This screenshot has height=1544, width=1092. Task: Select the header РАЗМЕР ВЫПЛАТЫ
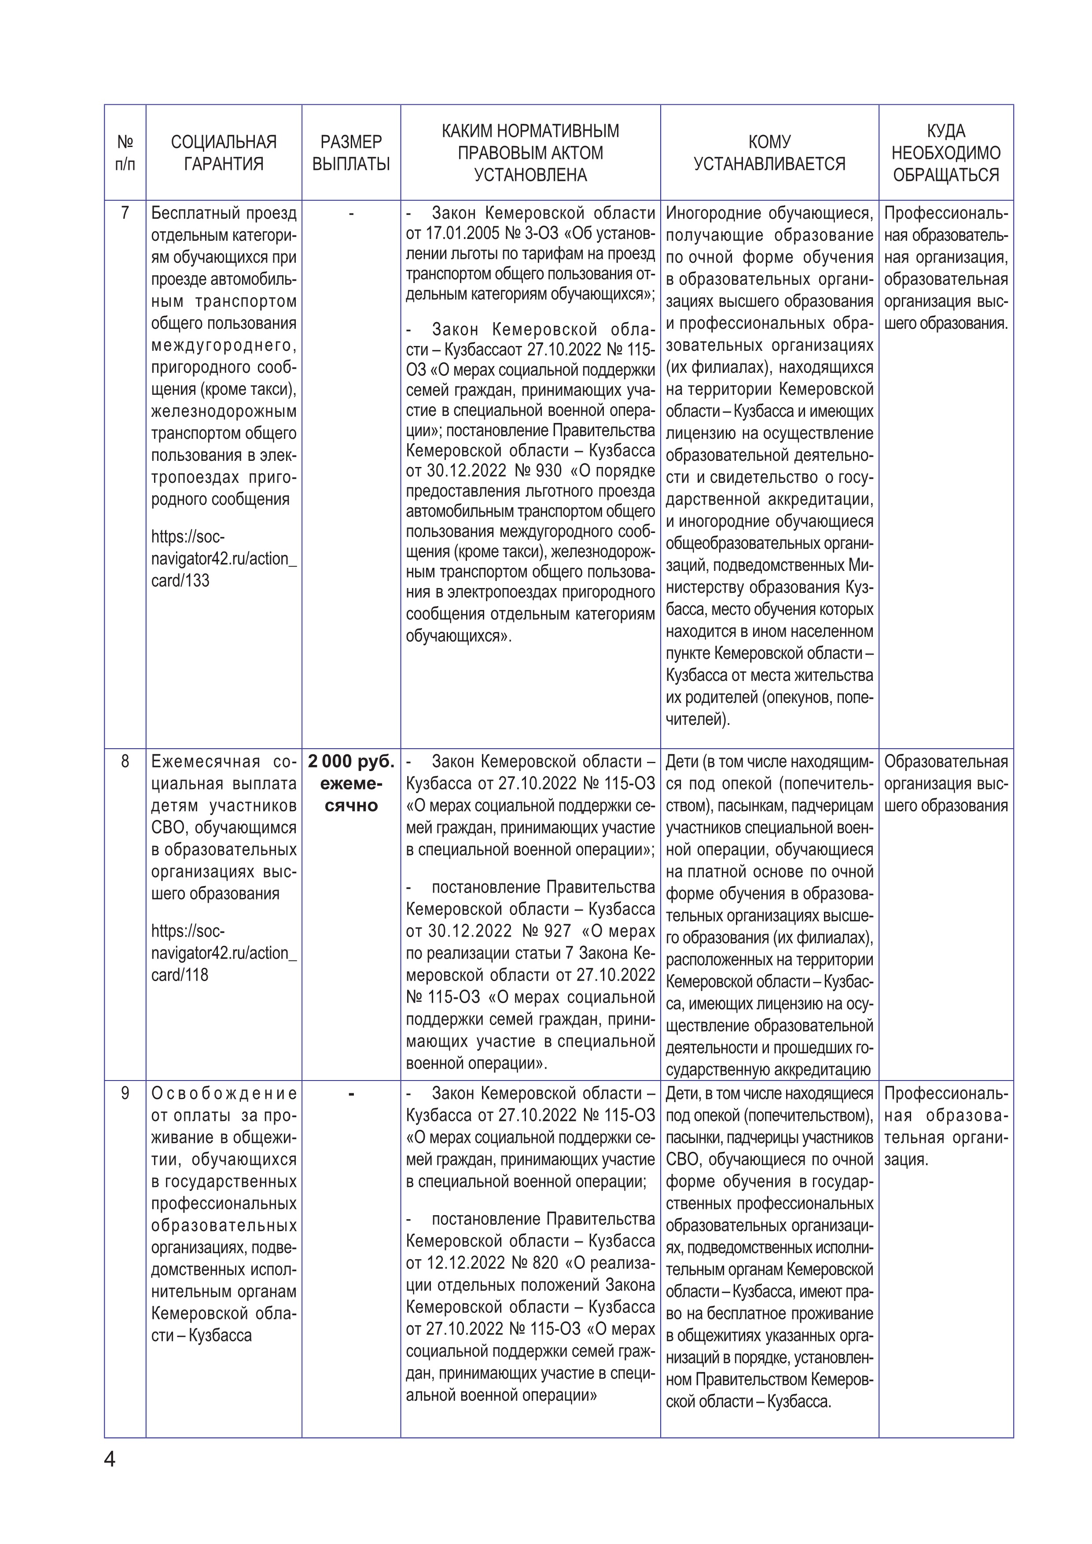tap(351, 153)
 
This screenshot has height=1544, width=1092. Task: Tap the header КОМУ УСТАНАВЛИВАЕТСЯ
tap(769, 153)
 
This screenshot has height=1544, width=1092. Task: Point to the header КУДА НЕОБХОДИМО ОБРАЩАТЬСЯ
tap(945, 153)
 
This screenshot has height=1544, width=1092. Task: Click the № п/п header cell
tap(125, 153)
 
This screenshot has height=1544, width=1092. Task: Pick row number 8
tap(125, 762)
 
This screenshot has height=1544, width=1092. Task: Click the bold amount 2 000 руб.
tap(351, 762)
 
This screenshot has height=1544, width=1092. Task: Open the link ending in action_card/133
tap(223, 559)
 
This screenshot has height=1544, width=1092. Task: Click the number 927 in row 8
tap(555, 931)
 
